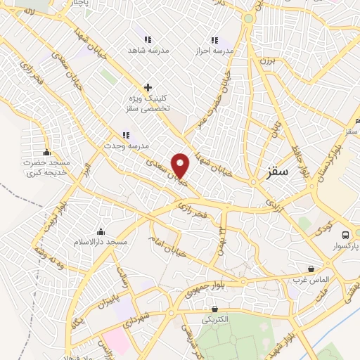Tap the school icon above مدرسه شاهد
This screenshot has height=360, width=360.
click(x=148, y=40)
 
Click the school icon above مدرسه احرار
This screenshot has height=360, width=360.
click(x=215, y=40)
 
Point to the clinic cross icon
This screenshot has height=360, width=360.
click(x=148, y=87)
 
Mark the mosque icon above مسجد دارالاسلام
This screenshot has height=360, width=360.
click(x=101, y=231)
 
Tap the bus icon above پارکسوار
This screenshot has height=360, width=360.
click(x=345, y=235)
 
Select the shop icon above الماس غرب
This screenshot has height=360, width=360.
click(x=311, y=269)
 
